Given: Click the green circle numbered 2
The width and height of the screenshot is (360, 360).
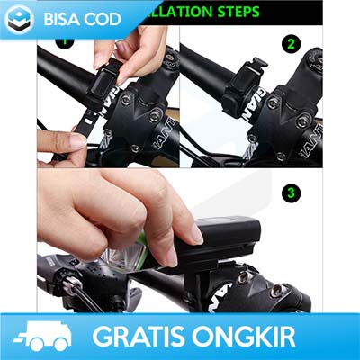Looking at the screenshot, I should coord(290,43).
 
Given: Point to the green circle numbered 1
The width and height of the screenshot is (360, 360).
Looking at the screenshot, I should coord(64,40).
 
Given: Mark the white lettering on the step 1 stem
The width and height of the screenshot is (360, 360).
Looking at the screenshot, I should coord(160,135).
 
